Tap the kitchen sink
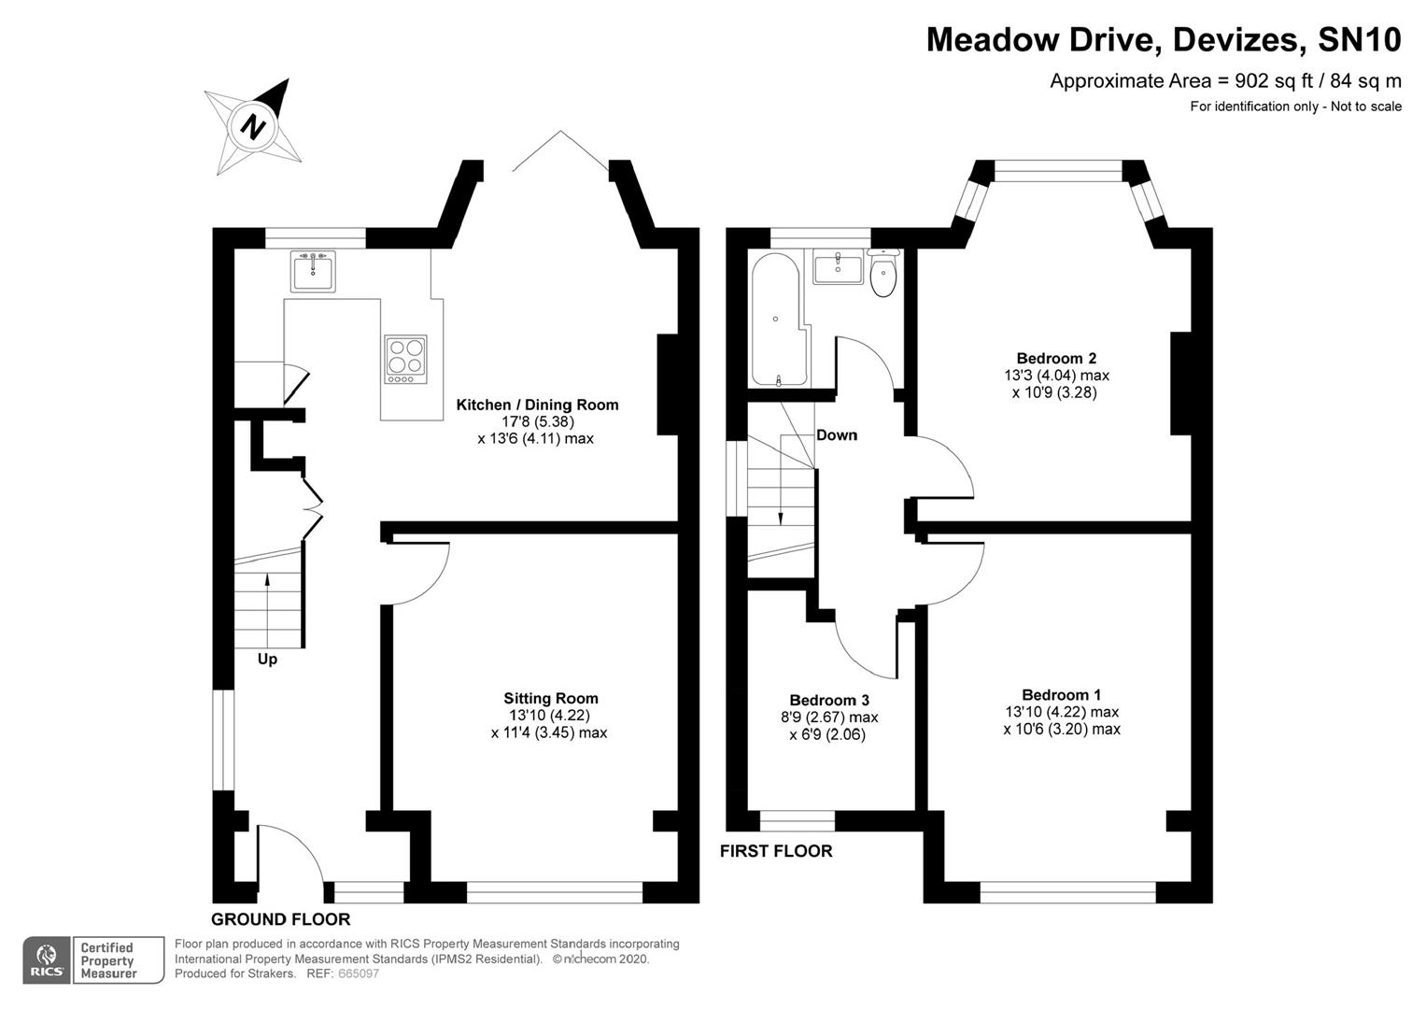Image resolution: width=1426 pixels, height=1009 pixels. coord(313,272)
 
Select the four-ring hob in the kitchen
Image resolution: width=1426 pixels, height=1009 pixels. coord(405,359)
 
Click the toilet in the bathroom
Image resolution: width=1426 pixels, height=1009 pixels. coord(882,273)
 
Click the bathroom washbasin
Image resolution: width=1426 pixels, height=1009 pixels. coord(839,267)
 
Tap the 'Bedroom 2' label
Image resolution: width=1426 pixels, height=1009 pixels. coord(1055,358)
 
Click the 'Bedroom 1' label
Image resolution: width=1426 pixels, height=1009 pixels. coord(1061,694)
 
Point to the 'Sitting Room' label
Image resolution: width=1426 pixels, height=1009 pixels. coord(550,698)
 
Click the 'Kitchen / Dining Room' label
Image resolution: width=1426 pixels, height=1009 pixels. coord(537,405)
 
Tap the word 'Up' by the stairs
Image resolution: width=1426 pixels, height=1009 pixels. coord(267,660)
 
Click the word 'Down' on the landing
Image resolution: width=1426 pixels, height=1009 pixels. coord(836,435)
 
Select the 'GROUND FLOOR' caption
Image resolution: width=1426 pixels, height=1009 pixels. coord(280,919)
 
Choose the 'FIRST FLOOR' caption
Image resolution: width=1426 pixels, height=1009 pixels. coord(775,851)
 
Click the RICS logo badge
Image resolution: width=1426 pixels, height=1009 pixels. coord(47,960)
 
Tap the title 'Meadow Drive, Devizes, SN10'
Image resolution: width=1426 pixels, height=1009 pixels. coord(1163,40)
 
